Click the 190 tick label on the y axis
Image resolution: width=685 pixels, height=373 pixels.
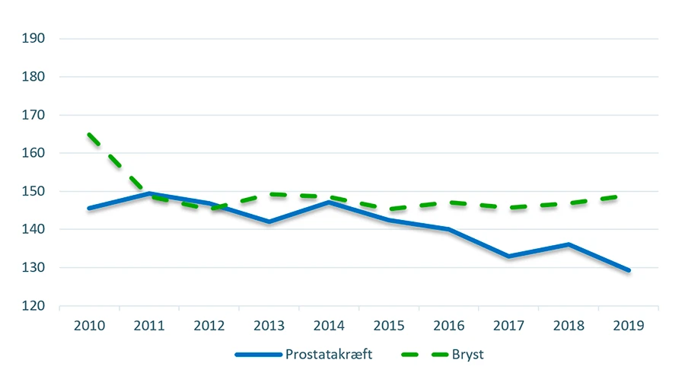(x=35, y=39)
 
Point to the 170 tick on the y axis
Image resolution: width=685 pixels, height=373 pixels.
(x=35, y=115)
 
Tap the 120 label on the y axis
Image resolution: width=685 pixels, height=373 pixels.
(x=35, y=306)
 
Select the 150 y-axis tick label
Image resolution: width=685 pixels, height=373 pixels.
(x=35, y=191)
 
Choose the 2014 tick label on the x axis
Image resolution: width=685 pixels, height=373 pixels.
(x=329, y=325)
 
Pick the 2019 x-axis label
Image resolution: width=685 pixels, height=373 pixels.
(x=629, y=325)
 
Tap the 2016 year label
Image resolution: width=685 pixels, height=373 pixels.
(x=449, y=325)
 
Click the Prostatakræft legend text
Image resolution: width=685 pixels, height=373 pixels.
(x=329, y=354)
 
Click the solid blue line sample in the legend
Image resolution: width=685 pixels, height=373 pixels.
(x=259, y=355)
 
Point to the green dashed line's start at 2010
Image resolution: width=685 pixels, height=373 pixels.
(x=89, y=135)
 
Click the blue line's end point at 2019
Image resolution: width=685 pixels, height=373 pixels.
(x=629, y=270)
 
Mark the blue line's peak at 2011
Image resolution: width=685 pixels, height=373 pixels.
(x=149, y=193)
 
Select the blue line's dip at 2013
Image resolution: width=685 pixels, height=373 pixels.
(x=269, y=222)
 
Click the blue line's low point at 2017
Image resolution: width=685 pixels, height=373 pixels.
(x=509, y=257)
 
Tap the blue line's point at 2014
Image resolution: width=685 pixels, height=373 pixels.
(x=329, y=202)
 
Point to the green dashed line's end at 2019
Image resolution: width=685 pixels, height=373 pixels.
(x=629, y=196)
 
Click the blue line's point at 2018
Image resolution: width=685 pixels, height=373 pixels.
(x=569, y=244)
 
